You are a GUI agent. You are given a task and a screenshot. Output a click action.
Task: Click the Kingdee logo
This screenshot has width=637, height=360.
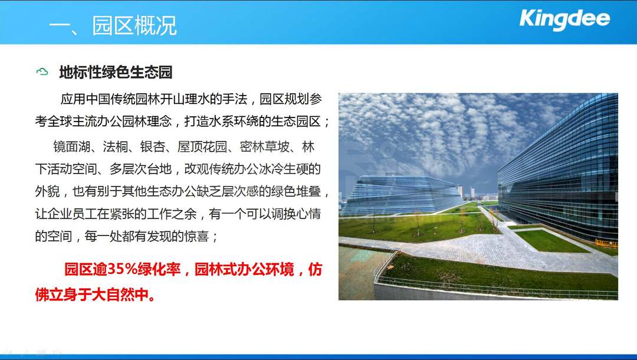[564, 19]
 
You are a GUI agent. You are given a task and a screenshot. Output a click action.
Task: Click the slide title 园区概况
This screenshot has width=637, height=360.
[134, 25]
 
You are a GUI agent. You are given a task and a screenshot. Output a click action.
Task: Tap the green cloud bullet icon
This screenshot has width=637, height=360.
[42, 72]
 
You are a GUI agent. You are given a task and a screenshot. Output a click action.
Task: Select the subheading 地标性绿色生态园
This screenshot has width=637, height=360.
[116, 73]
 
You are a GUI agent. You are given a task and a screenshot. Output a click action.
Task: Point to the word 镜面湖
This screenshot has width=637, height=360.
[71, 147]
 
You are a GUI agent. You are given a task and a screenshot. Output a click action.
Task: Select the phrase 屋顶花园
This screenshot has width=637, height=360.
[202, 147]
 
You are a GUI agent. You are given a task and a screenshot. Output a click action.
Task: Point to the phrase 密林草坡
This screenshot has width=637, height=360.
[264, 147]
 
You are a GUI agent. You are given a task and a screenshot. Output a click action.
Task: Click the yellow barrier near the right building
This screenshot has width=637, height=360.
[606, 243]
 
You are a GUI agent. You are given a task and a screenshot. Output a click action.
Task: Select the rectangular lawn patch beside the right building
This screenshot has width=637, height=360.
[550, 241]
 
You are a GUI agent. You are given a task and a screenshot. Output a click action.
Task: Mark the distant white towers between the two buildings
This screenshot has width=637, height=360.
[467, 192]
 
